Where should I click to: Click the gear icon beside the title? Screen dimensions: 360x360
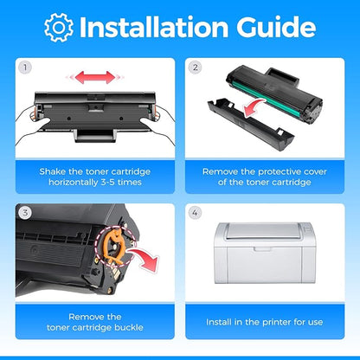[59, 28]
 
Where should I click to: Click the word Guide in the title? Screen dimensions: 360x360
[276, 27]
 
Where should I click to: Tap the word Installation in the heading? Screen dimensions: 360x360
[154, 27]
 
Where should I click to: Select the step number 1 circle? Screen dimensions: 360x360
[25, 67]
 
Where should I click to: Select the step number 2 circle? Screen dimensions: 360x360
[196, 67]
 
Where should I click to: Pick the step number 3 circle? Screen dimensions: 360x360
[25, 213]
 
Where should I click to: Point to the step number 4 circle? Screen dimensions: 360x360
[196, 213]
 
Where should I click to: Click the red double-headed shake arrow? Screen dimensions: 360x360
[95, 77]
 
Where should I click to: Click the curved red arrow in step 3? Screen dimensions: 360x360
[145, 259]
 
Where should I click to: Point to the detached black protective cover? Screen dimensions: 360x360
[251, 124]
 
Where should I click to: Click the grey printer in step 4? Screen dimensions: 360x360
[265, 253]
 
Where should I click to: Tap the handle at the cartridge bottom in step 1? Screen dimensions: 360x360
[95, 136]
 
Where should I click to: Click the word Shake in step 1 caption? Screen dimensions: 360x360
[53, 171]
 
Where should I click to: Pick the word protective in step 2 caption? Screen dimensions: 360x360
[279, 172]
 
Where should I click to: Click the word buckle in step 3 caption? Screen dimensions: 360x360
[129, 327]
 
